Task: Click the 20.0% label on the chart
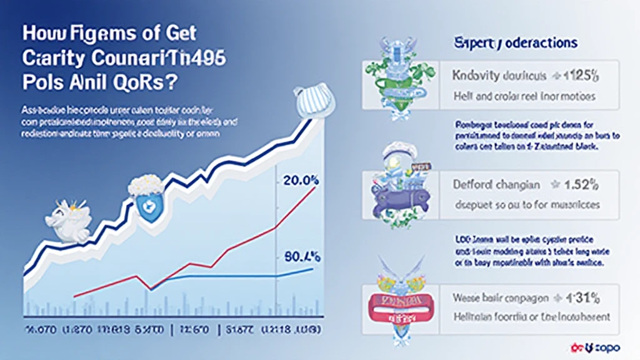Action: [x=301, y=182]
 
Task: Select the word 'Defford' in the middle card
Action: [x=472, y=185]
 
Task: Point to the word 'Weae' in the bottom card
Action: [x=462, y=298]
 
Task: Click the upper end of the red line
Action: [x=313, y=187]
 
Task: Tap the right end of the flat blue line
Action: [x=312, y=269]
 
